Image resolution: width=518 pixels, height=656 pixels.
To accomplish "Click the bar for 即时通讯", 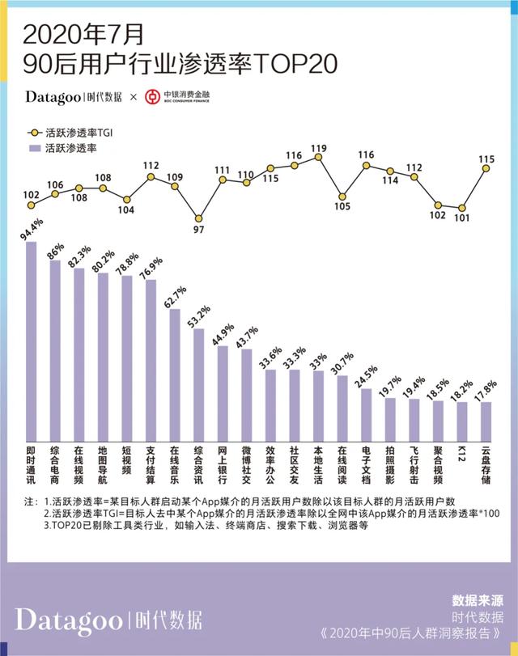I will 32,340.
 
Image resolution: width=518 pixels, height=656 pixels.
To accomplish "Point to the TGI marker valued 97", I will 198,218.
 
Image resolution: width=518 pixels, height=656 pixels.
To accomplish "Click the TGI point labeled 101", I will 462,208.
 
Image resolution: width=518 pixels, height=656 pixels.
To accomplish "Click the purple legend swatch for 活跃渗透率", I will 32,149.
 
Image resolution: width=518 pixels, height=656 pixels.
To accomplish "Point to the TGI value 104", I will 126,211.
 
